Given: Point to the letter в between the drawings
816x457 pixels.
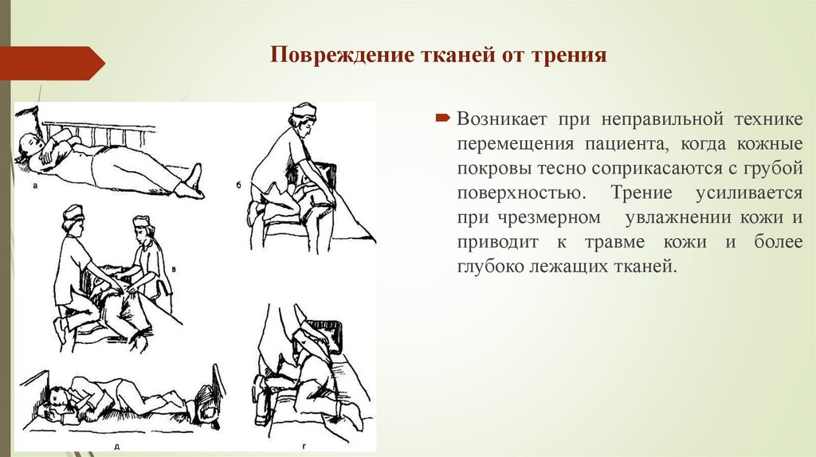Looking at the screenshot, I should [175, 269].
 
